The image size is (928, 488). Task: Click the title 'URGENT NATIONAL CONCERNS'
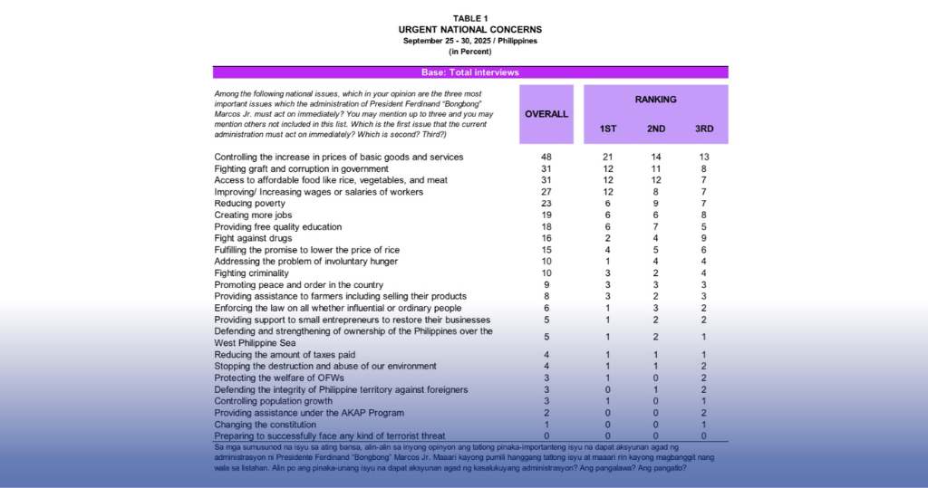click(470, 30)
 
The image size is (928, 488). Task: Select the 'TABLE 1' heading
click(470, 18)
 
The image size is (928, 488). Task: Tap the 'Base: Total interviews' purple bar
click(470, 72)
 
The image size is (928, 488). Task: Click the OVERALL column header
click(546, 114)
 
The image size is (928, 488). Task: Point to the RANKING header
click(655, 99)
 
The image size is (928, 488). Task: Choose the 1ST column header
click(608, 129)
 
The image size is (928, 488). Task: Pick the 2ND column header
click(656, 129)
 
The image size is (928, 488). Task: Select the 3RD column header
click(704, 129)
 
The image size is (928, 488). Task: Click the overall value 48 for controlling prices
click(546, 157)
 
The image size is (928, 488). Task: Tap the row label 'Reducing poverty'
click(250, 204)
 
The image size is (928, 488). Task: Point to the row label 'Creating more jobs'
click(253, 215)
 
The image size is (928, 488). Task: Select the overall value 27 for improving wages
click(546, 192)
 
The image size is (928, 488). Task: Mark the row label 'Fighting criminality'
click(251, 273)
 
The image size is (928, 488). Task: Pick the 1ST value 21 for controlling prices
click(608, 157)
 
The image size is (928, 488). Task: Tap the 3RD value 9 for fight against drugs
click(704, 238)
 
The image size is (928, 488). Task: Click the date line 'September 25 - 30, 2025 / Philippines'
click(470, 41)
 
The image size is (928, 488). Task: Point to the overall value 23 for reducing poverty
click(546, 204)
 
